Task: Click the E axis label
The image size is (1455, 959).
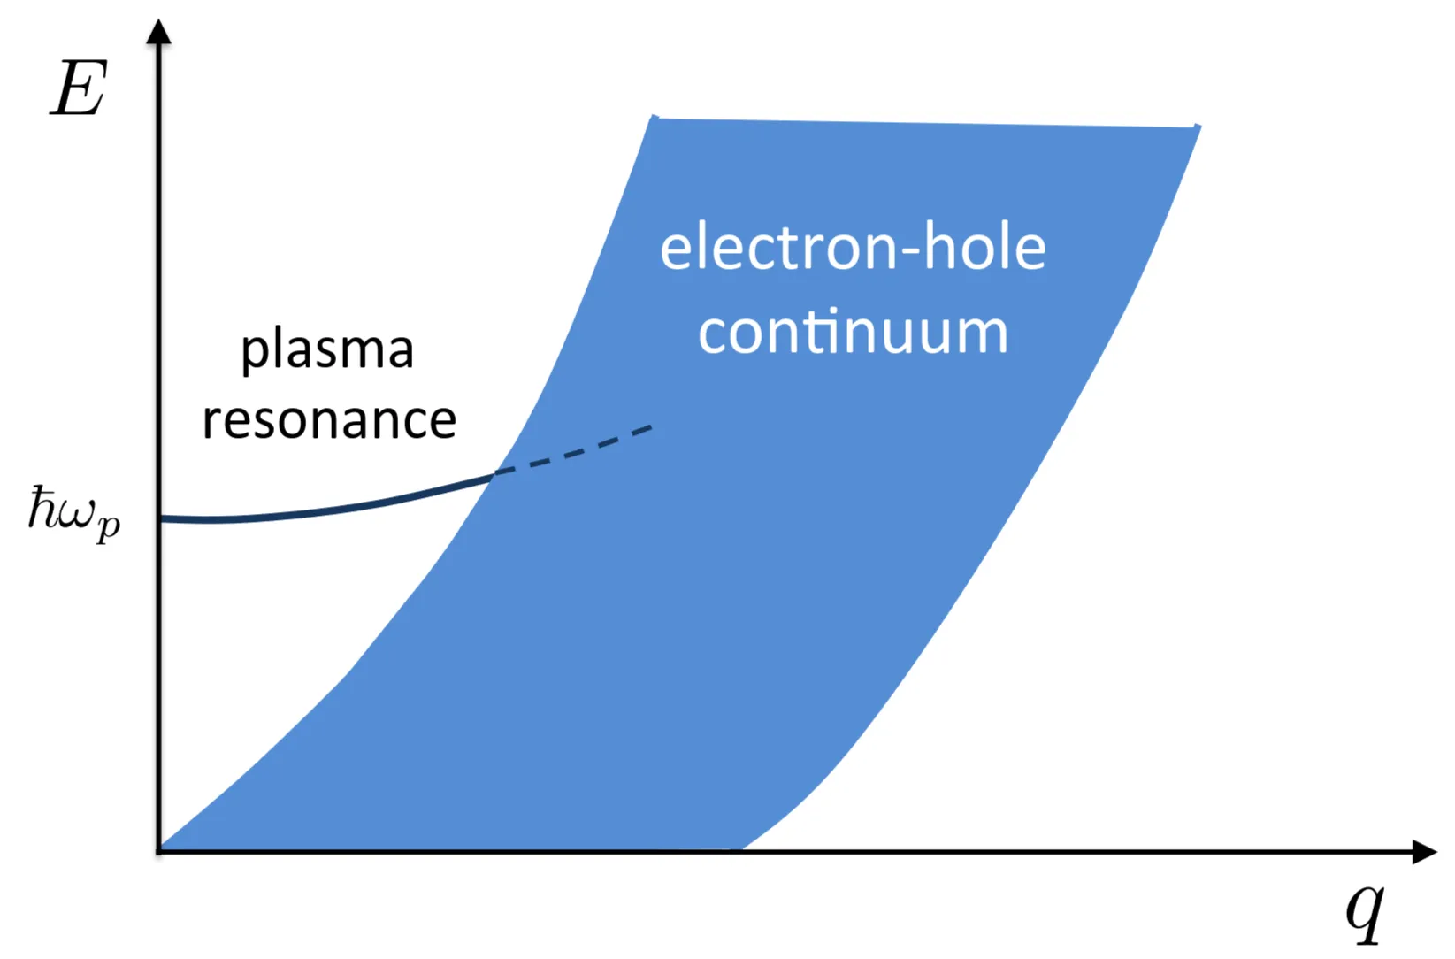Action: [x=79, y=88]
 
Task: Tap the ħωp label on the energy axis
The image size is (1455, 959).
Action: [x=74, y=514]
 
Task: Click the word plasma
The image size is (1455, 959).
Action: [x=327, y=351]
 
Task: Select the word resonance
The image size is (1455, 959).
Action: [x=329, y=421]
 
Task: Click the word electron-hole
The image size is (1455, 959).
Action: [x=853, y=248]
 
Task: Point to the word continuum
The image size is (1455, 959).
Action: [x=853, y=332]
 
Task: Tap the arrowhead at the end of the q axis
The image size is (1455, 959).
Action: [x=1425, y=851]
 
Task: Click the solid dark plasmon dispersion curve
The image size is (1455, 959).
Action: [x=325, y=510]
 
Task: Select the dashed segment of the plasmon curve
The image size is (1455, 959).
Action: [x=574, y=451]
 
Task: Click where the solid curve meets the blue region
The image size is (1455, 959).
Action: [x=495, y=473]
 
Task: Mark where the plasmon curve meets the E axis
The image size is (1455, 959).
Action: [x=160, y=518]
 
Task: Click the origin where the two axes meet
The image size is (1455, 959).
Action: [x=159, y=850]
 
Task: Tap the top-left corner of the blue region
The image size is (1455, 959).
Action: [x=654, y=117]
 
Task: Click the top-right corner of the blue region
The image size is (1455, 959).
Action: [x=1199, y=126]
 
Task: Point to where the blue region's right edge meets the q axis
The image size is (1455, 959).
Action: [x=740, y=849]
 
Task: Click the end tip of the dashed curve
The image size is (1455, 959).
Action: [x=652, y=426]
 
